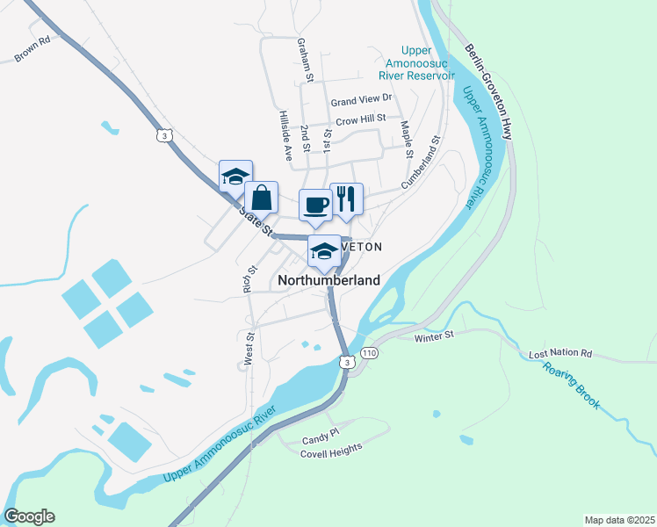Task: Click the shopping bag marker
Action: tap(261, 197)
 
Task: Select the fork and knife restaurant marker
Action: tap(346, 199)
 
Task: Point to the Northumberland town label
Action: tap(329, 280)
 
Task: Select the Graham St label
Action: tap(306, 61)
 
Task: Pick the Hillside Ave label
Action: tap(285, 135)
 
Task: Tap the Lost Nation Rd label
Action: tap(560, 354)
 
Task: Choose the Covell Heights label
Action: tap(331, 447)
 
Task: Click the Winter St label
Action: tap(433, 335)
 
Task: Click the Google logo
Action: tap(29, 516)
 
